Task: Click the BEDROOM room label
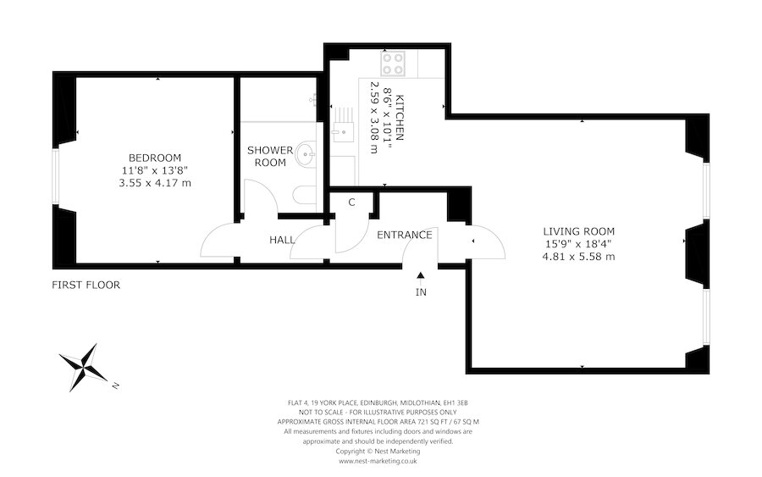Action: (x=155, y=158)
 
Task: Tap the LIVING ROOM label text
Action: (x=579, y=230)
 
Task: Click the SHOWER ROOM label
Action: (x=270, y=157)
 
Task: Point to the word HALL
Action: (x=282, y=240)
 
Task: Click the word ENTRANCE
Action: (x=405, y=235)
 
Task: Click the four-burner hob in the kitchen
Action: (x=392, y=64)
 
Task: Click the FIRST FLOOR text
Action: (x=86, y=286)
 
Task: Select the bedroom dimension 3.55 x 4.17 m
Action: (x=155, y=183)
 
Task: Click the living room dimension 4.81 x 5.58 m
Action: (x=579, y=256)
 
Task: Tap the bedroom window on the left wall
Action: (x=56, y=178)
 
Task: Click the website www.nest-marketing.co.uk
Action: (x=378, y=462)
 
